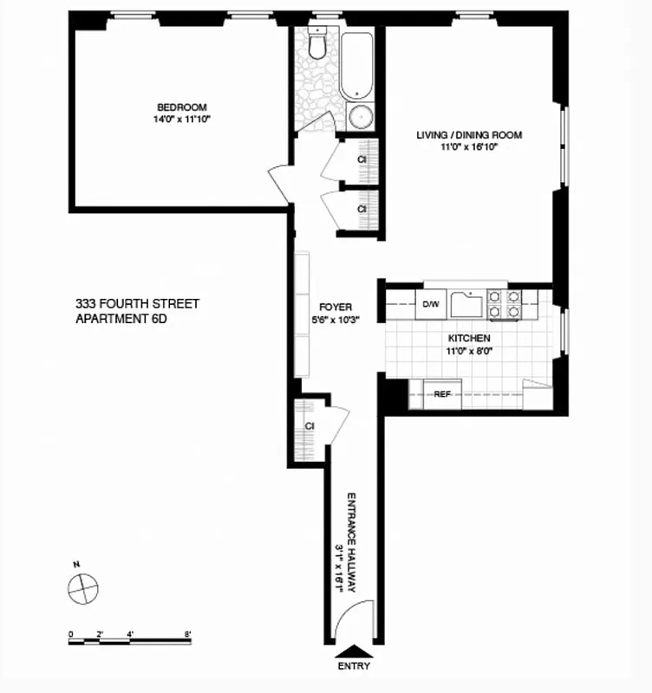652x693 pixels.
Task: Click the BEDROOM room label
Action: (x=181, y=107)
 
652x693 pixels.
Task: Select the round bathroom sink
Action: (x=360, y=117)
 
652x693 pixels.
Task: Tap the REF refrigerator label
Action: (x=442, y=394)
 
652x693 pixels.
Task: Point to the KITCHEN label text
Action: (x=469, y=338)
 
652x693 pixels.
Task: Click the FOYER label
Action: (x=335, y=307)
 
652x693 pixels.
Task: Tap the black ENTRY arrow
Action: (x=355, y=651)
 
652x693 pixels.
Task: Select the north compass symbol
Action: (x=81, y=587)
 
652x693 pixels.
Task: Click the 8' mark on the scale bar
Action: (x=187, y=634)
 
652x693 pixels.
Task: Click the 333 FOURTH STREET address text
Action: (x=137, y=304)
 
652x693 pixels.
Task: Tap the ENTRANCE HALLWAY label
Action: (x=353, y=542)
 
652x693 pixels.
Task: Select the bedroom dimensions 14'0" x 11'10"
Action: (x=181, y=120)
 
